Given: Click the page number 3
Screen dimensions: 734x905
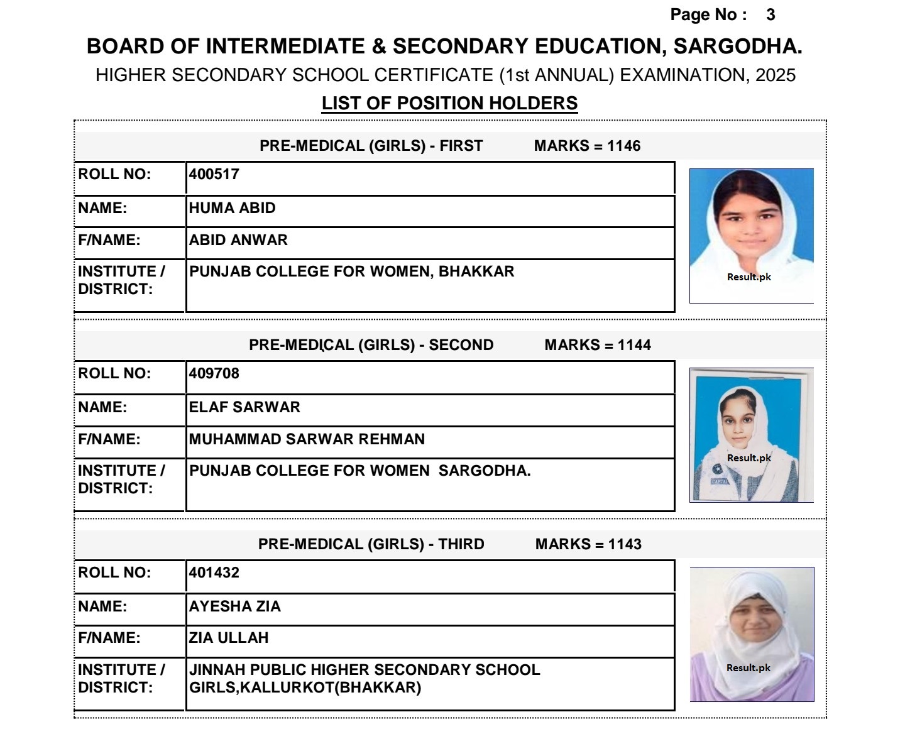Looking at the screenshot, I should (771, 15).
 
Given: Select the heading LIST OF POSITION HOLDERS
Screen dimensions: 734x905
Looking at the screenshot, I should (449, 103).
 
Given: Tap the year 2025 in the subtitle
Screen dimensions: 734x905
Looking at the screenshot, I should (776, 75).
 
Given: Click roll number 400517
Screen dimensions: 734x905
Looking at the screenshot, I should (214, 175).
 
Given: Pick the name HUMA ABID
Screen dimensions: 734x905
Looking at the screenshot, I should (233, 208).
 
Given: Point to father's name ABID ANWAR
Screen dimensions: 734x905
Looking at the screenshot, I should (239, 240).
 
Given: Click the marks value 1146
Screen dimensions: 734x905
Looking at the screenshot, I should (623, 146).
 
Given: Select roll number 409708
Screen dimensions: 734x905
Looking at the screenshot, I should (214, 373).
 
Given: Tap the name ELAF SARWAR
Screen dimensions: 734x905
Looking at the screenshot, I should (244, 407).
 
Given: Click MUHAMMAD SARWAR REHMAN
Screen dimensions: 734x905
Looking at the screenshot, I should (307, 439).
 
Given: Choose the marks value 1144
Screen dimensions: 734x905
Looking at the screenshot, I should (634, 345).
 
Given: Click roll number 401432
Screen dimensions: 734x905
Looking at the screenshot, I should (214, 572).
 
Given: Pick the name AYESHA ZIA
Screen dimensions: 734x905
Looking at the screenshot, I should (235, 606).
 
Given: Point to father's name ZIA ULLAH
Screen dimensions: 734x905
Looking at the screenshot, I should (229, 638).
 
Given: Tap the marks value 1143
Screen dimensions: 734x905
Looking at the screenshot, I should (625, 544).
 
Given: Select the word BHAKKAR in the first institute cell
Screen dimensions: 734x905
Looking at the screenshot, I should (476, 271).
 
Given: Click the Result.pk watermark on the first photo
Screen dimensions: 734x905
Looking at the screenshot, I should (749, 277).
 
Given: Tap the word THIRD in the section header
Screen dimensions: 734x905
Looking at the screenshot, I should (461, 544).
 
